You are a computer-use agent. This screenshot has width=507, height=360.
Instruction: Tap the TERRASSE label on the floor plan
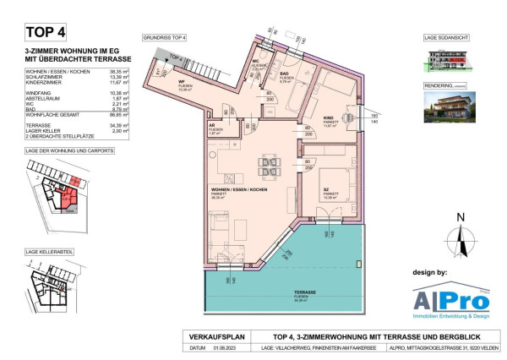coord(281,292)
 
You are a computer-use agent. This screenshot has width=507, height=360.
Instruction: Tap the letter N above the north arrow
coord(461,217)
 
